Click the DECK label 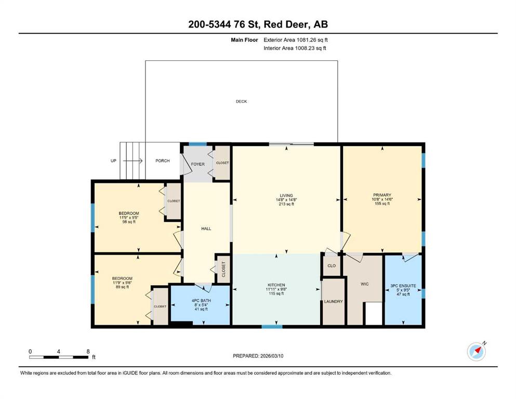click(241, 101)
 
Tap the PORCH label click(163, 161)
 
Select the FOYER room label click(198, 164)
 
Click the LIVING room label click(286, 195)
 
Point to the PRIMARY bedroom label click(382, 195)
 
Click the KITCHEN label click(276, 285)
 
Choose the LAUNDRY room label click(334, 301)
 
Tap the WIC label click(365, 284)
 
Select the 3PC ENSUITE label click(403, 286)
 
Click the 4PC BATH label click(201, 301)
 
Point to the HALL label click(206, 229)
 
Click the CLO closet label click(332, 265)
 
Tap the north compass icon click(477, 351)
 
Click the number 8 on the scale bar click(88, 351)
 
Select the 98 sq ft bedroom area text click(129, 222)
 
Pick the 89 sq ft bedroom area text click(122, 287)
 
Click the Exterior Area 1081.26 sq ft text click(296, 40)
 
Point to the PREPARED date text click(258, 356)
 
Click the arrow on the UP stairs click(133, 161)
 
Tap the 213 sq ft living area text click(286, 204)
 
